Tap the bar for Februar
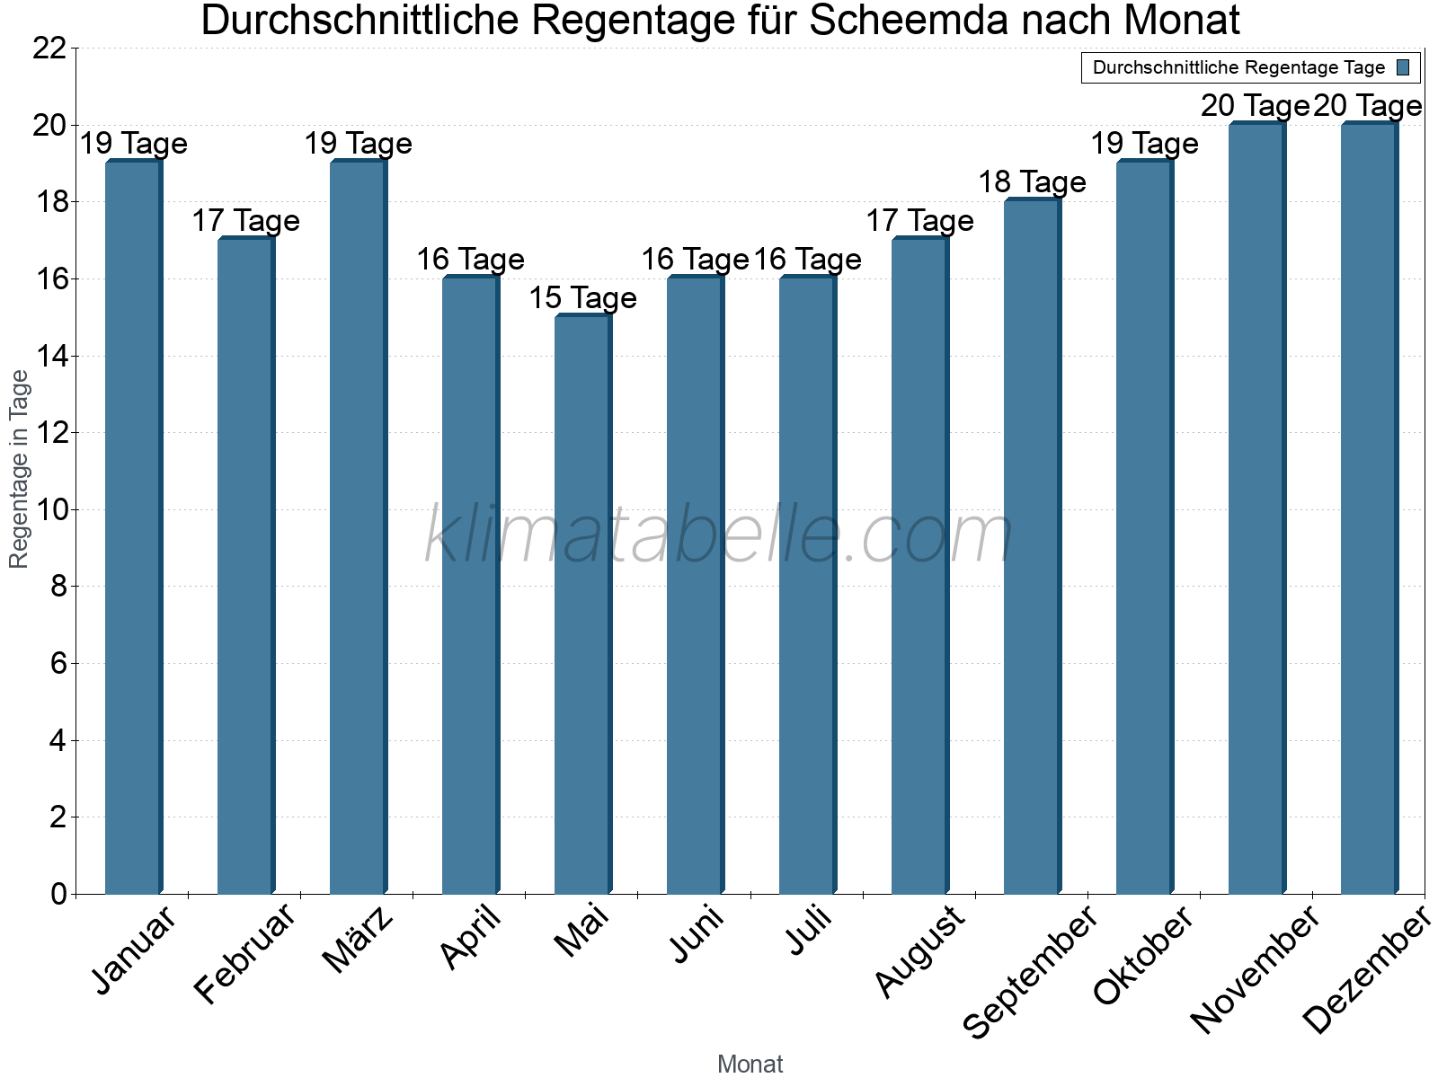coord(245,566)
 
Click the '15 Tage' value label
coord(582,297)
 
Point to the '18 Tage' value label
coord(1032,182)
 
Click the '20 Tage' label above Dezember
coord(1368,106)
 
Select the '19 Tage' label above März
coord(358,144)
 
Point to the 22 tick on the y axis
coord(49,49)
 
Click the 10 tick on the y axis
coord(49,510)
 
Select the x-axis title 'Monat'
coord(750,1064)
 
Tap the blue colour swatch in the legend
coord(1404,67)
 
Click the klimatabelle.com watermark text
coord(719,535)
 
